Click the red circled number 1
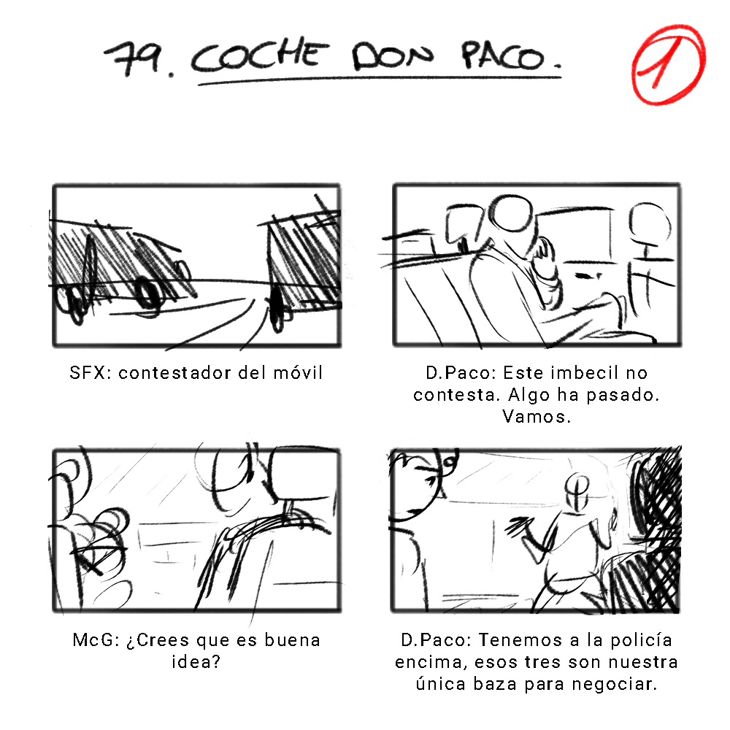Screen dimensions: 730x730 pos(668,64)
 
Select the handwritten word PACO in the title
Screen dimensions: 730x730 pos(503,56)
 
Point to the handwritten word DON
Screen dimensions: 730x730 pos(391,56)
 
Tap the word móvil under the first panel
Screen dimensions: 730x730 pos(298,372)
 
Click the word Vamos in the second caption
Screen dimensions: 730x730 pos(534,416)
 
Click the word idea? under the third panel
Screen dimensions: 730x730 pos(196,661)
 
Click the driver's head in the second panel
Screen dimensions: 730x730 pos(512,213)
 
